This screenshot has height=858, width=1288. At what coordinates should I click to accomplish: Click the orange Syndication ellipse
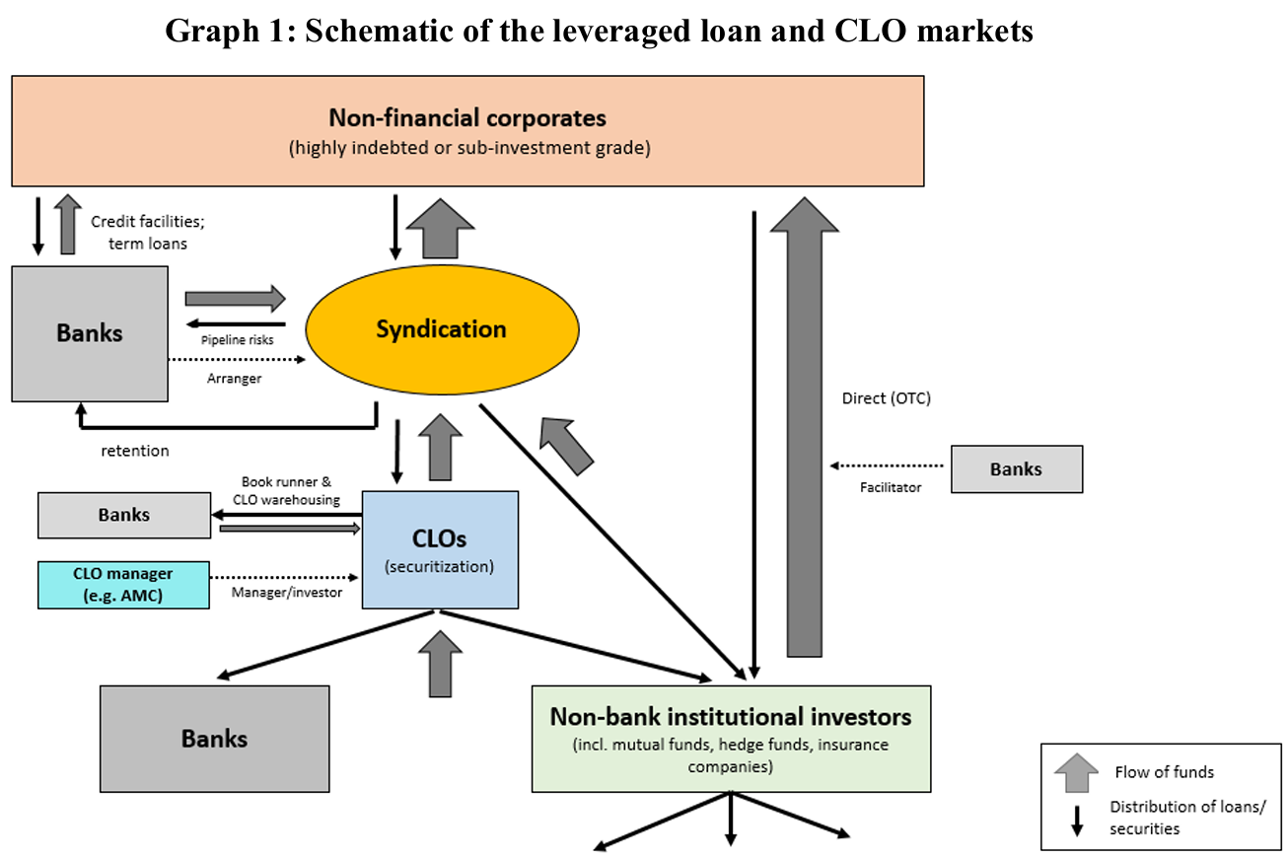coord(441,328)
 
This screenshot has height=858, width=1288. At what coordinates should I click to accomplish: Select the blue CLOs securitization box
coord(440,549)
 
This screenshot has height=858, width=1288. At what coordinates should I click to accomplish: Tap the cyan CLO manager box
coord(123,584)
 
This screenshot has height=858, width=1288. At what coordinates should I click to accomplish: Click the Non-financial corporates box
coord(467,131)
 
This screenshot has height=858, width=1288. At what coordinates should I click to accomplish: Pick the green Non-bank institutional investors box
coord(731,739)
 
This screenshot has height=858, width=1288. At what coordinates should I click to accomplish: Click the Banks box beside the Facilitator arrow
coord(1016,469)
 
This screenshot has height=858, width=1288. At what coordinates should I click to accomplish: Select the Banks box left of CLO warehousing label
coord(124,515)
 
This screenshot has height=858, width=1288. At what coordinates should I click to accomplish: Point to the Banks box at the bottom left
coord(214,739)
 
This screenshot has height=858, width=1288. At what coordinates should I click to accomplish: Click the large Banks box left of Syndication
coord(89,332)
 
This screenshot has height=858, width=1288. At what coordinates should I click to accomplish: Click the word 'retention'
coord(135,451)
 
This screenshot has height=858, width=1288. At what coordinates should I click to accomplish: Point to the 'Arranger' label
coord(235,378)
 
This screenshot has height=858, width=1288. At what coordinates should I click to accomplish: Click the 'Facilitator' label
coord(889,487)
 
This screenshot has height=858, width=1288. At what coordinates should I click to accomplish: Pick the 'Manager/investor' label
coord(287,593)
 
